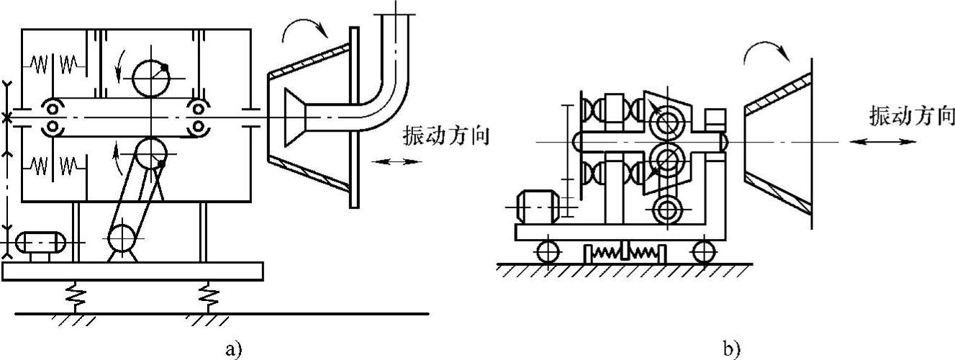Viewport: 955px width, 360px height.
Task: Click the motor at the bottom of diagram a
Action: point(40,243)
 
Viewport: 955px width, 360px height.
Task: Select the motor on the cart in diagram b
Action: point(536,207)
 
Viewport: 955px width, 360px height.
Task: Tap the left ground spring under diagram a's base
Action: point(73,294)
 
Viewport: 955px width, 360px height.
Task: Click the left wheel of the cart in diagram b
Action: point(548,251)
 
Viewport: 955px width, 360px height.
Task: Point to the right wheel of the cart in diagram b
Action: point(703,251)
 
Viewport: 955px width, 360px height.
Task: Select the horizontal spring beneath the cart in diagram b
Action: point(625,253)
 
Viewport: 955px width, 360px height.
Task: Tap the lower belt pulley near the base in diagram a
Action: point(126,238)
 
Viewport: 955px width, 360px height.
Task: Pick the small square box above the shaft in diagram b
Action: point(715,117)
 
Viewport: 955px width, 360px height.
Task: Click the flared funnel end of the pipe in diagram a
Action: point(296,117)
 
